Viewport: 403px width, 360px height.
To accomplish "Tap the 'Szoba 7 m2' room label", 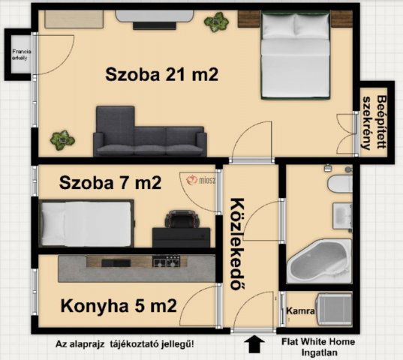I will [x=110, y=182].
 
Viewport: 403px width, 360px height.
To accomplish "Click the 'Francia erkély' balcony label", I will [x=18, y=55].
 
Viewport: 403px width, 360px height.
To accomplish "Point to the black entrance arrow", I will [x=255, y=345].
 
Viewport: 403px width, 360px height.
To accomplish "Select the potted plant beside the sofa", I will [x=62, y=139].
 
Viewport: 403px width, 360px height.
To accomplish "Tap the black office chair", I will [x=180, y=220].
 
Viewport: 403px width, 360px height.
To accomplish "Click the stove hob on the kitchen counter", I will [x=166, y=262].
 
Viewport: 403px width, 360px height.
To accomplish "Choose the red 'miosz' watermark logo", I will [x=197, y=181].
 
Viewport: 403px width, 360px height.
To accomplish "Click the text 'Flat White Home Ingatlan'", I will [x=318, y=346].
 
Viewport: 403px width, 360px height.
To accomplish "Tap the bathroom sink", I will [x=341, y=212].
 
